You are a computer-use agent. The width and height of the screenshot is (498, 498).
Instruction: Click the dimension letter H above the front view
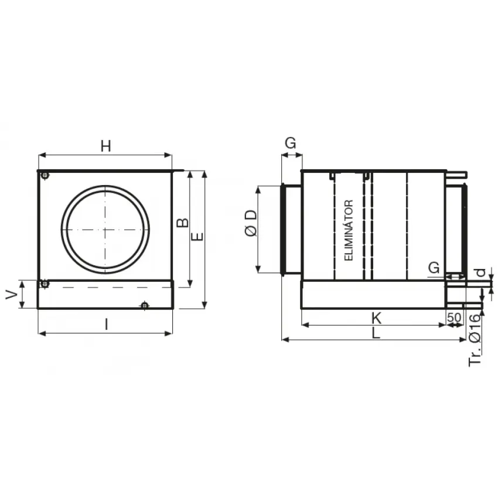pyautogui.click(x=106, y=146)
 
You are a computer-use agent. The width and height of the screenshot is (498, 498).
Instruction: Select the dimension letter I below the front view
pyautogui.click(x=107, y=325)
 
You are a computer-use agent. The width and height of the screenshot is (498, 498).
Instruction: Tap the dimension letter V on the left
pyautogui.click(x=12, y=295)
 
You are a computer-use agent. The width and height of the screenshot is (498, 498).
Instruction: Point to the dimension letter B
pyautogui.click(x=183, y=223)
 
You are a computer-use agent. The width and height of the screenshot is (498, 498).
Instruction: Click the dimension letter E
pyautogui.click(x=197, y=236)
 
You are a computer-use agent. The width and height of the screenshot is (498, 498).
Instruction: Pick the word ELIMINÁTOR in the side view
pyautogui.click(x=349, y=230)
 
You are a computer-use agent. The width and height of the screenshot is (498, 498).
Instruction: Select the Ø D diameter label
pyautogui.click(x=251, y=223)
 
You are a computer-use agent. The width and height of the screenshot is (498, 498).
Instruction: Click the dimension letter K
pyautogui.click(x=377, y=318)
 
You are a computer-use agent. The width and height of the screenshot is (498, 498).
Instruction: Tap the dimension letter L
pyautogui.click(x=376, y=333)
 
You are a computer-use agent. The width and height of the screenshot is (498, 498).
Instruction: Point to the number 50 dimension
pyautogui.click(x=454, y=318)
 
